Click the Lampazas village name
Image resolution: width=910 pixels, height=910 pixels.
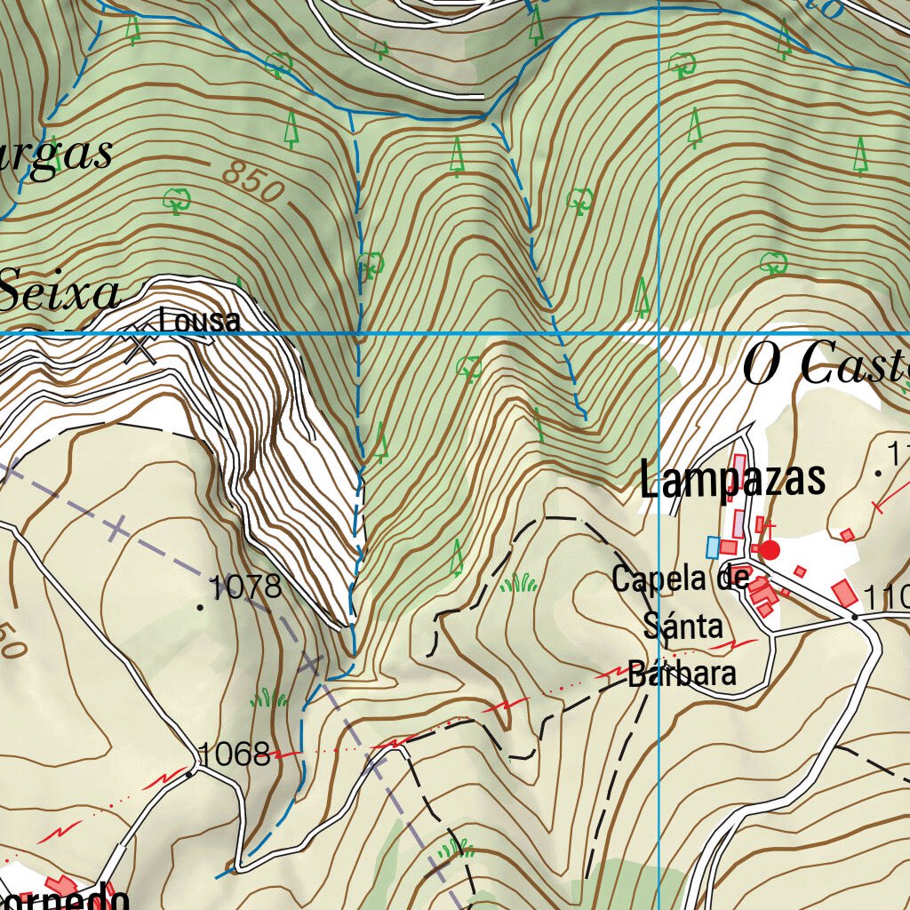click(x=732, y=481)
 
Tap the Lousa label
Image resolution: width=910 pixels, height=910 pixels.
click(x=200, y=320)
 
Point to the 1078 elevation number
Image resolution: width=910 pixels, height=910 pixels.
click(x=244, y=587)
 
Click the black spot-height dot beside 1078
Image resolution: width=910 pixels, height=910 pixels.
click(x=200, y=607)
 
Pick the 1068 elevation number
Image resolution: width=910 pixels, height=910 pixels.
click(x=234, y=754)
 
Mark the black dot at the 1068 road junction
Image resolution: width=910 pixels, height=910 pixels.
click(x=190, y=773)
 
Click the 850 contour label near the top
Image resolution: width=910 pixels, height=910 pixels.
click(x=252, y=180)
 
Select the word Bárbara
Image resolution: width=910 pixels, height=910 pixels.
click(x=682, y=673)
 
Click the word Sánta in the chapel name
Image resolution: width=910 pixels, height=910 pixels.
click(x=682, y=627)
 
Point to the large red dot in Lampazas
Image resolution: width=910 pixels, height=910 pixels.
click(x=770, y=550)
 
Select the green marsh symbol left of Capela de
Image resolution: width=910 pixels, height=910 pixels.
click(x=518, y=584)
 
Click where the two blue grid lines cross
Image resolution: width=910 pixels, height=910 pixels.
click(x=659, y=333)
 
